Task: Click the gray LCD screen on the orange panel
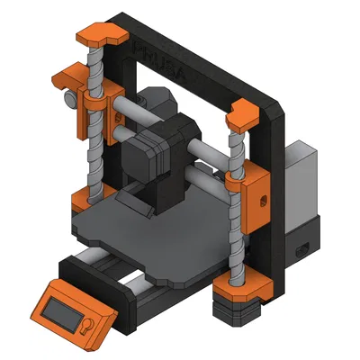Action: point(64,310)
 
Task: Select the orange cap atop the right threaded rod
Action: point(244,115)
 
